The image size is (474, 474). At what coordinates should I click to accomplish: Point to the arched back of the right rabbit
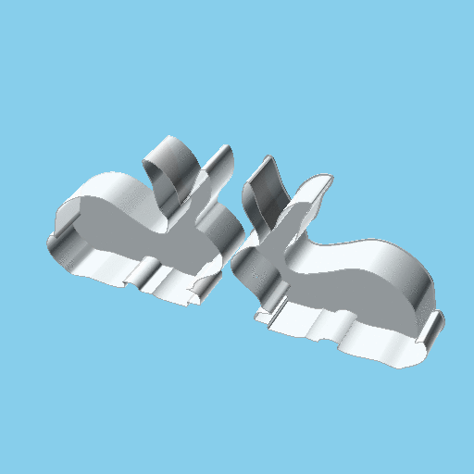tap(389, 255)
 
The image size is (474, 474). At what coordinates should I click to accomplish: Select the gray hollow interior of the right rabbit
tap(352, 287)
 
